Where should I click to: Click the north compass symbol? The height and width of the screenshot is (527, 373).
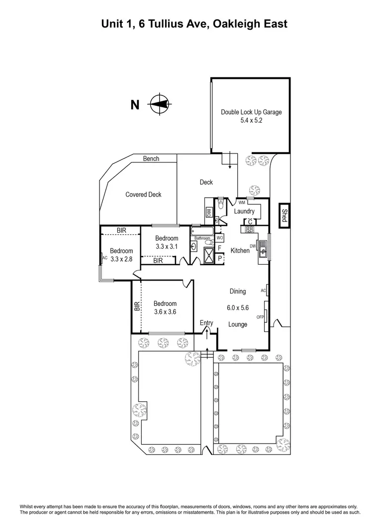point(159,104)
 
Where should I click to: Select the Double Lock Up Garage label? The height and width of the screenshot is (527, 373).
point(251,112)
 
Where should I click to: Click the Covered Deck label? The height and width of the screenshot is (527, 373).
point(143,195)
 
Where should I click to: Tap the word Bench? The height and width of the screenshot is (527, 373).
point(151,159)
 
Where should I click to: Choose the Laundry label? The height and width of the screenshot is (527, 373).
point(244,211)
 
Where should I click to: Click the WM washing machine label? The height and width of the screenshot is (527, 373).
point(242,203)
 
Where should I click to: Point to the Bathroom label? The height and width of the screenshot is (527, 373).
point(202,238)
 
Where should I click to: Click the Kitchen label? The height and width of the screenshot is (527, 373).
point(240,251)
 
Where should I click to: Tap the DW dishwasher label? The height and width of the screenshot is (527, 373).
point(253,246)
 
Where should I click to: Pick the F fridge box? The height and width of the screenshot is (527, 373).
point(220,247)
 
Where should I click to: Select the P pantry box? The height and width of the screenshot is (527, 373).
point(220,258)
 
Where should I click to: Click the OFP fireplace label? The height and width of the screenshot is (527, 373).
point(260,317)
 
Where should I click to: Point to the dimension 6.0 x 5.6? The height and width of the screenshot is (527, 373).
point(238,308)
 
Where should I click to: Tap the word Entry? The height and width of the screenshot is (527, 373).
point(206,323)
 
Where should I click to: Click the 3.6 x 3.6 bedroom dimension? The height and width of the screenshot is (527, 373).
point(165,312)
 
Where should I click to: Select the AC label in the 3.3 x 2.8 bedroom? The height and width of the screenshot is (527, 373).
point(104,258)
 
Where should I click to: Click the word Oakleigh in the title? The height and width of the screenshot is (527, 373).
point(234,23)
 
